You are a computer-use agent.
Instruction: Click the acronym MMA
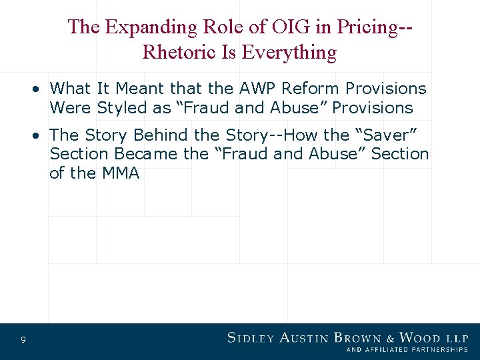[120, 173]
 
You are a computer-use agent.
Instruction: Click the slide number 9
[23, 341]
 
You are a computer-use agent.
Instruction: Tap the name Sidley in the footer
[250, 338]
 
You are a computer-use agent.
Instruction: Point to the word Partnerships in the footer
[433, 349]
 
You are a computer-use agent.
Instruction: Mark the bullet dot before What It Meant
[39, 89]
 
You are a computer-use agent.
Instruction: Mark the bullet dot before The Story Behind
[39, 135]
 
